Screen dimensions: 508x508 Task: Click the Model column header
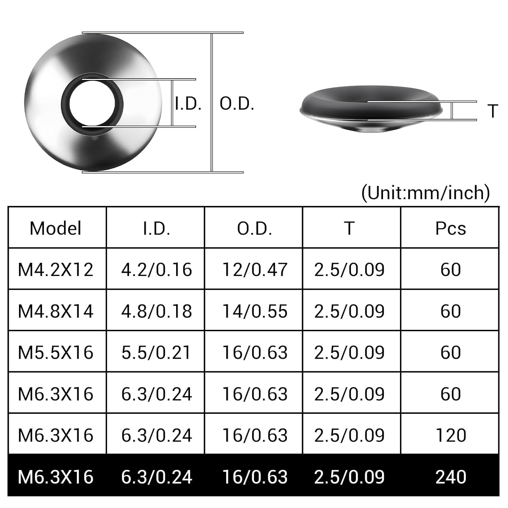56,228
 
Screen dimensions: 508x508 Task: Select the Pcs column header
450,228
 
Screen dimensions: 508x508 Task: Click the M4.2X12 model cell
56,270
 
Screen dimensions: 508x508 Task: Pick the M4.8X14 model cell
56,311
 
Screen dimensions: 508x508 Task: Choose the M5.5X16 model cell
56,353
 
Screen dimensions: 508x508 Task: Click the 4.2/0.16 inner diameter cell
156,270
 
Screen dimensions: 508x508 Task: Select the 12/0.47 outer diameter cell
255,270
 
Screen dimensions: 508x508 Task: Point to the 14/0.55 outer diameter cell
255,311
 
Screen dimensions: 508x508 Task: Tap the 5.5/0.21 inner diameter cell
156,353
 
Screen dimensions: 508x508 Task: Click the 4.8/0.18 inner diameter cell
156,311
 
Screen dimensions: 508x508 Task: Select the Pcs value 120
450,435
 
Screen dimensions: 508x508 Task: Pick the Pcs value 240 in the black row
450,477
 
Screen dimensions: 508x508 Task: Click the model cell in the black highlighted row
56,477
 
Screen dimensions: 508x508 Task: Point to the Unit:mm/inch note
425,193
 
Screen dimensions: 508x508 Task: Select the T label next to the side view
493,111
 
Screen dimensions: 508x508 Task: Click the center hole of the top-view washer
92,103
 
